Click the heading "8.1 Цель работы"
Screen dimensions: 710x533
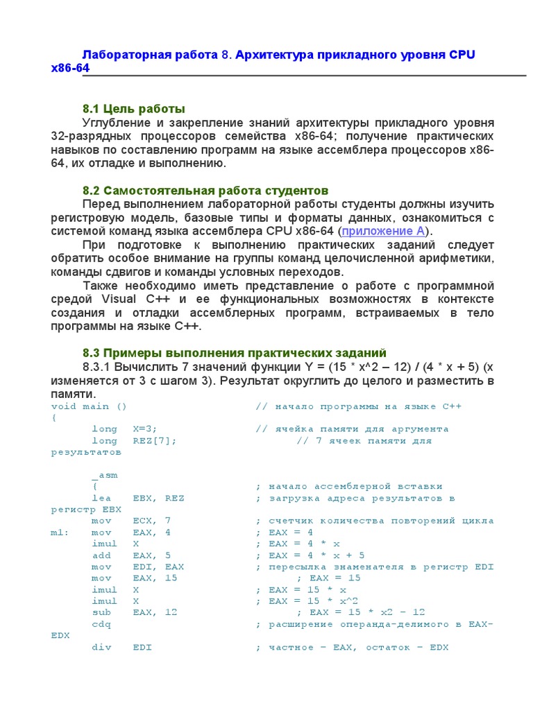point(134,108)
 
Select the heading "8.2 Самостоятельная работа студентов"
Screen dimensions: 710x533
point(205,190)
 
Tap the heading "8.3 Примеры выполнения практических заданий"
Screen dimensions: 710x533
point(235,353)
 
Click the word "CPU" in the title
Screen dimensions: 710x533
point(462,55)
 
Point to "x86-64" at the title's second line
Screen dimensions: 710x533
point(69,69)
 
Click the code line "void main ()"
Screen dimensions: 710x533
point(89,406)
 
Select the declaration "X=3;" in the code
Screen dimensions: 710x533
point(149,429)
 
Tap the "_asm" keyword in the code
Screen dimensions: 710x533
point(105,475)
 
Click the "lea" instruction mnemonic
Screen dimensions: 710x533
point(101,498)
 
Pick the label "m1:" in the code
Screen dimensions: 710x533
point(59,532)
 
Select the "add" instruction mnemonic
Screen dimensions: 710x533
point(101,555)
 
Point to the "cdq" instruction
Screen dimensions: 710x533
point(101,624)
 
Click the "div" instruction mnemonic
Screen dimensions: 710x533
point(101,648)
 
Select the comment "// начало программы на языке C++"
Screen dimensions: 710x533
point(358,406)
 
